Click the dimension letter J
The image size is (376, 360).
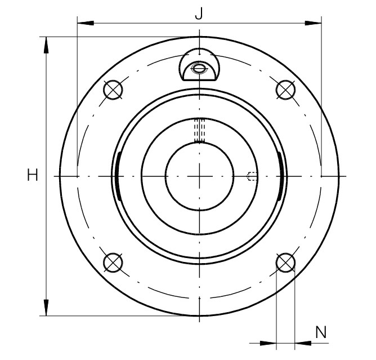click(199, 13)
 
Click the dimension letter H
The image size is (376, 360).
click(33, 175)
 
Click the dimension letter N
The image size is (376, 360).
click(321, 332)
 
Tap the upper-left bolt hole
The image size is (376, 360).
click(113, 90)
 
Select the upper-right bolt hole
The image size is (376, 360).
click(285, 90)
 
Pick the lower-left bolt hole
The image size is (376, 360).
click(113, 263)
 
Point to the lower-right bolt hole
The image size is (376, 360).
click(285, 263)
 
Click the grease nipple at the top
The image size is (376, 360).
click(199, 64)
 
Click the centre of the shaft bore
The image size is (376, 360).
click(199, 176)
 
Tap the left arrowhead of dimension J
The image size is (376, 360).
click(86, 23)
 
